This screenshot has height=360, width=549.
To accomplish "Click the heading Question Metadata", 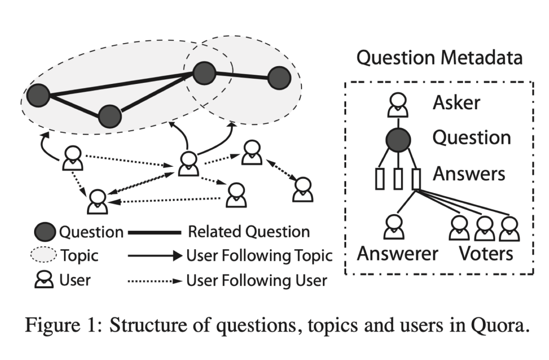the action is click(439, 58).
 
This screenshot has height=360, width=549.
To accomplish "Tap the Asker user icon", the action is click(398, 105).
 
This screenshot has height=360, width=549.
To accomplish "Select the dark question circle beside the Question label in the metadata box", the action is click(398, 140).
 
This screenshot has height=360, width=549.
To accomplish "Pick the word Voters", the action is click(485, 254).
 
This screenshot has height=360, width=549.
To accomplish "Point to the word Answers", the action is click(469, 174).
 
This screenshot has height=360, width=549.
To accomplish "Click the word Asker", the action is click(456, 103).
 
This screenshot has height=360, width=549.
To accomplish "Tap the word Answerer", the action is click(398, 254).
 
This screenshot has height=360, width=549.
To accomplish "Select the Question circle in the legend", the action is click(45, 232).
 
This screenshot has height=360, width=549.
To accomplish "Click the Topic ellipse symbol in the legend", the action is click(43, 255).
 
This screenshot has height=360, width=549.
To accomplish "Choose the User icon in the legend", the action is click(44, 280).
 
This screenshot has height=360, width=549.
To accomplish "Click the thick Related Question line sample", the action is click(155, 232).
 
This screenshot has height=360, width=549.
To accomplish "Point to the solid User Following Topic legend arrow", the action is click(155, 256).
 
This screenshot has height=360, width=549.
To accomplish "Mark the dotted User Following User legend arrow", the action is click(155, 281).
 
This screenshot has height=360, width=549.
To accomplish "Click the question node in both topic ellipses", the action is click(204, 73).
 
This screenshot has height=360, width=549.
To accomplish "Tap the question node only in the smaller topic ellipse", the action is click(279, 78).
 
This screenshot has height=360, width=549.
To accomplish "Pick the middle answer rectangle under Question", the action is click(398, 179).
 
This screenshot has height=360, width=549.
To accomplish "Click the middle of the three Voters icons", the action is click(484, 228).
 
